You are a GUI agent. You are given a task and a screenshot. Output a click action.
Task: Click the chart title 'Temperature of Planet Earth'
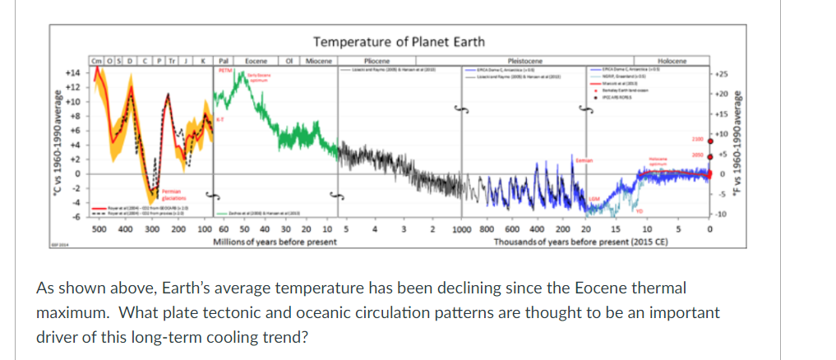[x=399, y=42]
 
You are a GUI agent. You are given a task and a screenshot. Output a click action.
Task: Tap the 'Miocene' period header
[x=317, y=60]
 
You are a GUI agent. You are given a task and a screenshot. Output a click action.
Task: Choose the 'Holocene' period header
[x=672, y=60]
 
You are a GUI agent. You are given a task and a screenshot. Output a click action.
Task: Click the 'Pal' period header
[x=223, y=60]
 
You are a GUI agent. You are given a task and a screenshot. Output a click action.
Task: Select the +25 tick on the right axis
[x=720, y=73]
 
